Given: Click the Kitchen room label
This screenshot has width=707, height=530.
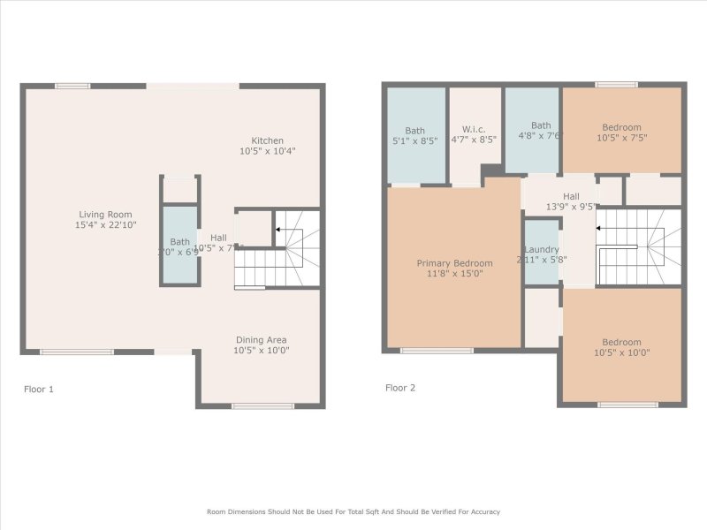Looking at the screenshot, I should coord(267,140).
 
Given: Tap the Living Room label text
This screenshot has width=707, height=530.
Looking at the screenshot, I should coord(105,214).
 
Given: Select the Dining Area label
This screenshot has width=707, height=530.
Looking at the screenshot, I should coord(261,340).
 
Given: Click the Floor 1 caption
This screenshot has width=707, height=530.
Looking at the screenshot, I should coord(39,389).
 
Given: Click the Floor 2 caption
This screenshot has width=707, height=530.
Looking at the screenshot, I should coord(399,388).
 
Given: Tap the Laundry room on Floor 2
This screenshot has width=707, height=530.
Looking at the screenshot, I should coord(541,250).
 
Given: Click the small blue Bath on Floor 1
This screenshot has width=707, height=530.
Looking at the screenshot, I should coord(179,246).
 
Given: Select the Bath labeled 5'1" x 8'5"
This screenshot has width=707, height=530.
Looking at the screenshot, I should coord(414,131).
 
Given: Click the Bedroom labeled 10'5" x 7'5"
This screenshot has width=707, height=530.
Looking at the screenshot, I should coord(621,127).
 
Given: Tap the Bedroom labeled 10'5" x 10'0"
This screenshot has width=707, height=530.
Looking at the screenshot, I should coord(621,343).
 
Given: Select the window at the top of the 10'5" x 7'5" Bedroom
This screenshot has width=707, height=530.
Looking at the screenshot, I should coord(616,85).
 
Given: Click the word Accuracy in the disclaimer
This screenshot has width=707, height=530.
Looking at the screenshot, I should coord(481,511).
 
